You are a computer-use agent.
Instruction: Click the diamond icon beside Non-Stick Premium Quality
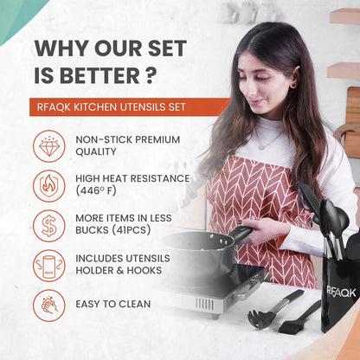(x=49, y=146)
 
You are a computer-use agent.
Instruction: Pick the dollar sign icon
(x=49, y=226)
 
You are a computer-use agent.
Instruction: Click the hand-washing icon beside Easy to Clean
(x=49, y=305)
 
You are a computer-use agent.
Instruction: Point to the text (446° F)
(x=100, y=192)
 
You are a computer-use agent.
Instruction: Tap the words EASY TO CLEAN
(x=113, y=305)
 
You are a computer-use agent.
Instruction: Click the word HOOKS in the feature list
(x=138, y=272)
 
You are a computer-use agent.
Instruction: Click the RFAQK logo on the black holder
(x=342, y=292)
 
